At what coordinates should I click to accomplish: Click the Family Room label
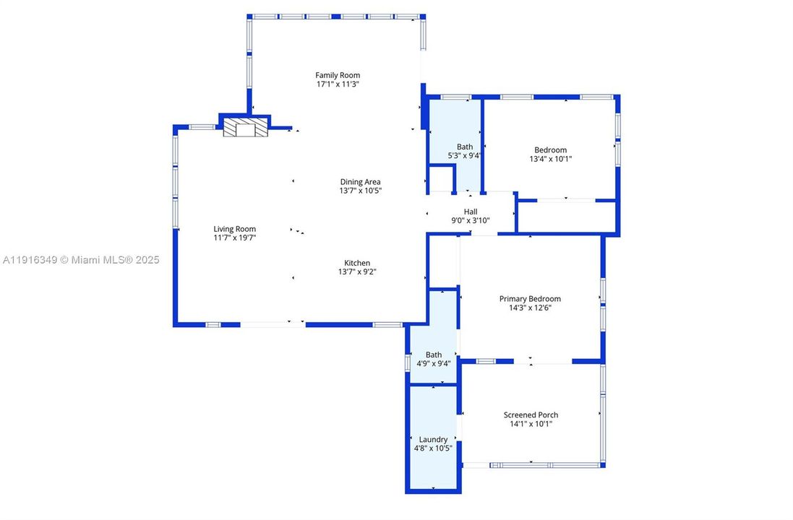point(337,75)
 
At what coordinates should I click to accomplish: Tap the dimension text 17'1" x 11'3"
point(337,84)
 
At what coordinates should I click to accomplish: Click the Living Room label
point(234,229)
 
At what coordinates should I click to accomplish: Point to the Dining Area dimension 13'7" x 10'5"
point(360,191)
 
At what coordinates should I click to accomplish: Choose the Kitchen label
point(357,263)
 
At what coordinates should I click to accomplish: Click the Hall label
point(471,212)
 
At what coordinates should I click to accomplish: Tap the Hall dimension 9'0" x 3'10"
point(471,220)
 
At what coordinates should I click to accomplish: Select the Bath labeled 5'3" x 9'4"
point(465,147)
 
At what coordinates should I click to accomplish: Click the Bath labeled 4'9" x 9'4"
point(434,355)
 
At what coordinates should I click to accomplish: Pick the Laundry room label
point(433,439)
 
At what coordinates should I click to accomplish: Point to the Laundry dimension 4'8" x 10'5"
point(433,448)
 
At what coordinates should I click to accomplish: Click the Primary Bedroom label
point(530,298)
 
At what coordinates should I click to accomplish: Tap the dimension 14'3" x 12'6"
point(530,308)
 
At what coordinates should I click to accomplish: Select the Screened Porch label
point(531,415)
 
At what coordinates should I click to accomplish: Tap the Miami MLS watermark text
point(80,260)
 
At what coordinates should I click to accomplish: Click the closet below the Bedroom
point(567,216)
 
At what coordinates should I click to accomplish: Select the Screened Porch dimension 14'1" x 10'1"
point(531,424)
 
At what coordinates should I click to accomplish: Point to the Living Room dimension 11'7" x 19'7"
point(234,238)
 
